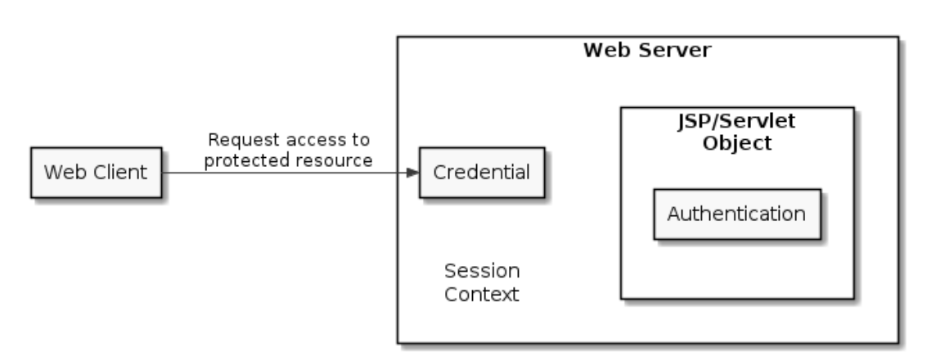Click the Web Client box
coord(96,173)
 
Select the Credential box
coord(481,173)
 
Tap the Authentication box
coord(736,214)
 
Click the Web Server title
coord(647,51)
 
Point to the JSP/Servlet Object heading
coord(737,132)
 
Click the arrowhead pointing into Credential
coord(412,173)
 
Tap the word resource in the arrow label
coord(335,160)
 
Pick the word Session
coord(481,271)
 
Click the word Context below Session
coord(481,294)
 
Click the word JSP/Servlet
coord(737,122)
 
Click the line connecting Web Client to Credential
coord(286,173)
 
